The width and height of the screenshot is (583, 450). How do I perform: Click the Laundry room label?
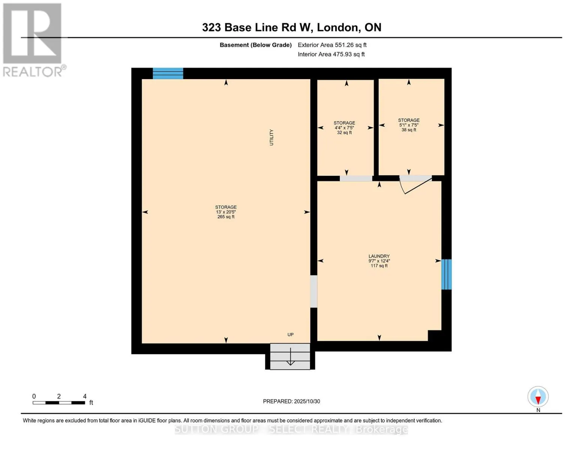coord(379,256)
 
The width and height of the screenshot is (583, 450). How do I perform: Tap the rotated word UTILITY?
coord(271,137)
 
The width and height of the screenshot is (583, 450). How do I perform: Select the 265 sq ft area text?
coord(226,217)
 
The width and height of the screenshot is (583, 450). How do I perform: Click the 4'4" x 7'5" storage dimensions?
coord(344,128)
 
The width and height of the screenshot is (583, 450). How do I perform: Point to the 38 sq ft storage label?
coord(409,130)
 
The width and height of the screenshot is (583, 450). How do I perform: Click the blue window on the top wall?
coord(168,73)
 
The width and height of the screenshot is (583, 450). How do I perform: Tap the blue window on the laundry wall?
coord(446,274)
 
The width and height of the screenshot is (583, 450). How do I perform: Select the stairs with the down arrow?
coord(290,357)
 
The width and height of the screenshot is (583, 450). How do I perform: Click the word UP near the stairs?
coord(290,334)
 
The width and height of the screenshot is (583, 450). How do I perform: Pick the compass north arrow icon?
coord(538,397)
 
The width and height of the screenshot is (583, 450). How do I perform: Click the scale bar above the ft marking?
coord(59,403)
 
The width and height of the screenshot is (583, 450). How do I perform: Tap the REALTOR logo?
coord(33,40)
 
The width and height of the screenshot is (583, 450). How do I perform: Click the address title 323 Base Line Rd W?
coord(291,27)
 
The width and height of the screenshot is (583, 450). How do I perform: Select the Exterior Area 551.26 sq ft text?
coord(332,45)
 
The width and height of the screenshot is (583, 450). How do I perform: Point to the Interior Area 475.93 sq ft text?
coord(331,54)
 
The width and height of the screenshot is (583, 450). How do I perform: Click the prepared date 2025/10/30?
coord(291,401)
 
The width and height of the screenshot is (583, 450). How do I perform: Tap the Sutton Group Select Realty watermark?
coord(291,429)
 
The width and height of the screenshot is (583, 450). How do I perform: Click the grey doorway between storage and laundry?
coord(313,291)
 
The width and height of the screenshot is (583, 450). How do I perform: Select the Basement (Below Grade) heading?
coord(255,45)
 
